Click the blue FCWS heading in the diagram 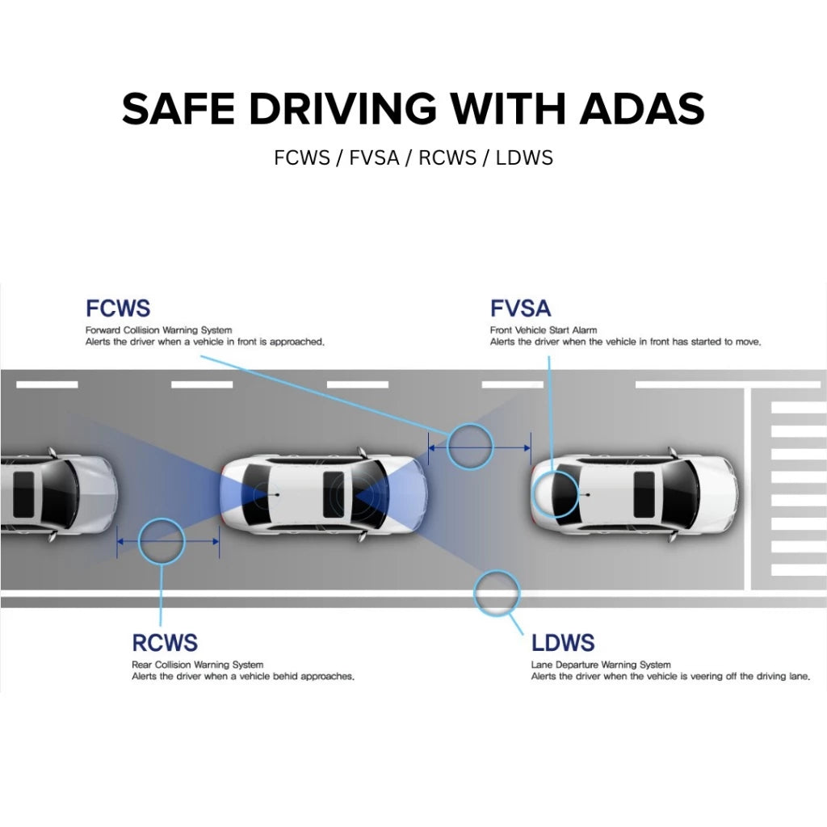click(x=118, y=308)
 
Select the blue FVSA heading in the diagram click(x=520, y=308)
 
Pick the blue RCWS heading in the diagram click(x=165, y=643)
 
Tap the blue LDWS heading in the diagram click(x=563, y=643)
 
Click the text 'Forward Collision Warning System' click(x=158, y=330)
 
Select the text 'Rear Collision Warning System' click(x=197, y=665)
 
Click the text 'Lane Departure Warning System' click(x=601, y=665)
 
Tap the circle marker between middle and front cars click(x=470, y=446)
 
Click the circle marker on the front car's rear click(x=556, y=493)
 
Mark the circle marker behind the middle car click(x=162, y=542)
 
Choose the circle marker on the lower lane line click(x=495, y=594)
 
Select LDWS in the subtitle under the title click(x=525, y=157)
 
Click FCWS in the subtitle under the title click(x=302, y=157)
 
